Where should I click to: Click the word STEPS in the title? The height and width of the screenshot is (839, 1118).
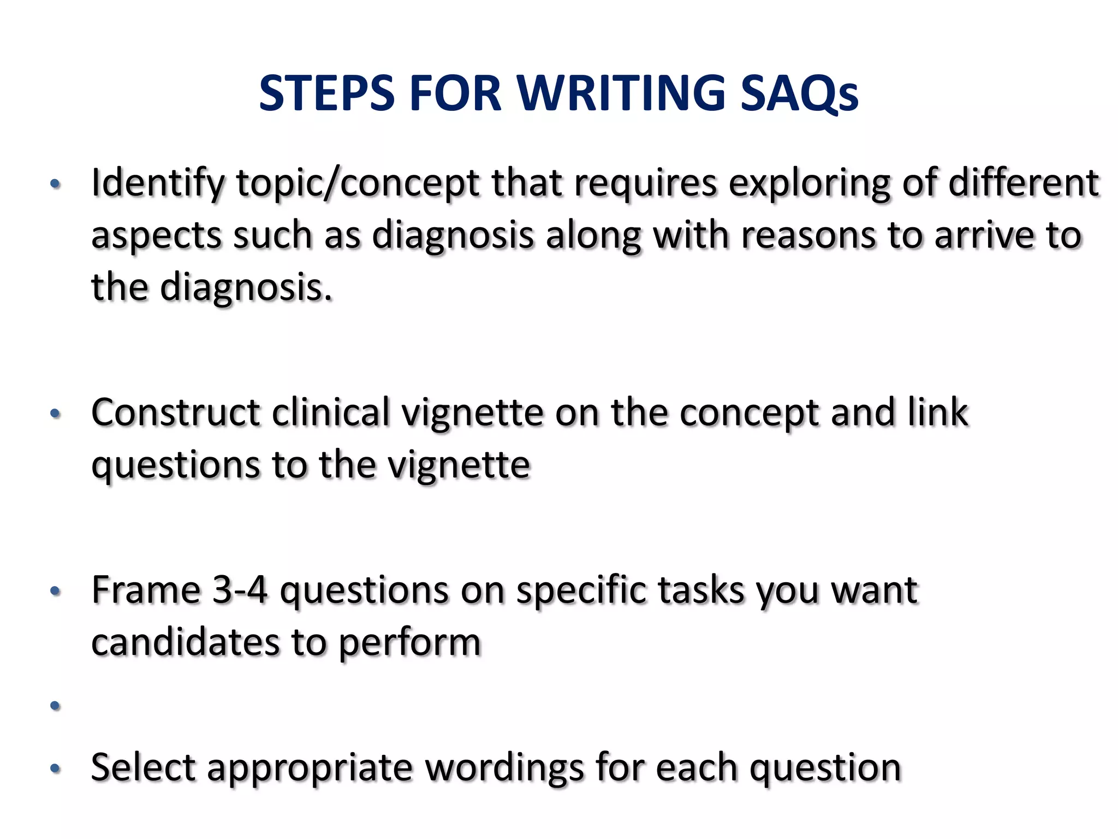[x=326, y=93]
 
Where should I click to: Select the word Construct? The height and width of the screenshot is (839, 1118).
[x=175, y=413]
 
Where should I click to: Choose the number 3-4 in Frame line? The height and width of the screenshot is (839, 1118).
[x=240, y=590]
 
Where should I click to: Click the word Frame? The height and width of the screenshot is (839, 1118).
[x=146, y=590]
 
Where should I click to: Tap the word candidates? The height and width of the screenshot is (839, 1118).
[x=185, y=642]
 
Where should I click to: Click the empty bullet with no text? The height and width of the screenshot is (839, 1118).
[x=55, y=706]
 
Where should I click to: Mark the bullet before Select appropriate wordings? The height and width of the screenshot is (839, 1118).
[x=55, y=769]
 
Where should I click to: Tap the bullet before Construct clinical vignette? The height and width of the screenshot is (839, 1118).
[x=55, y=414]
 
